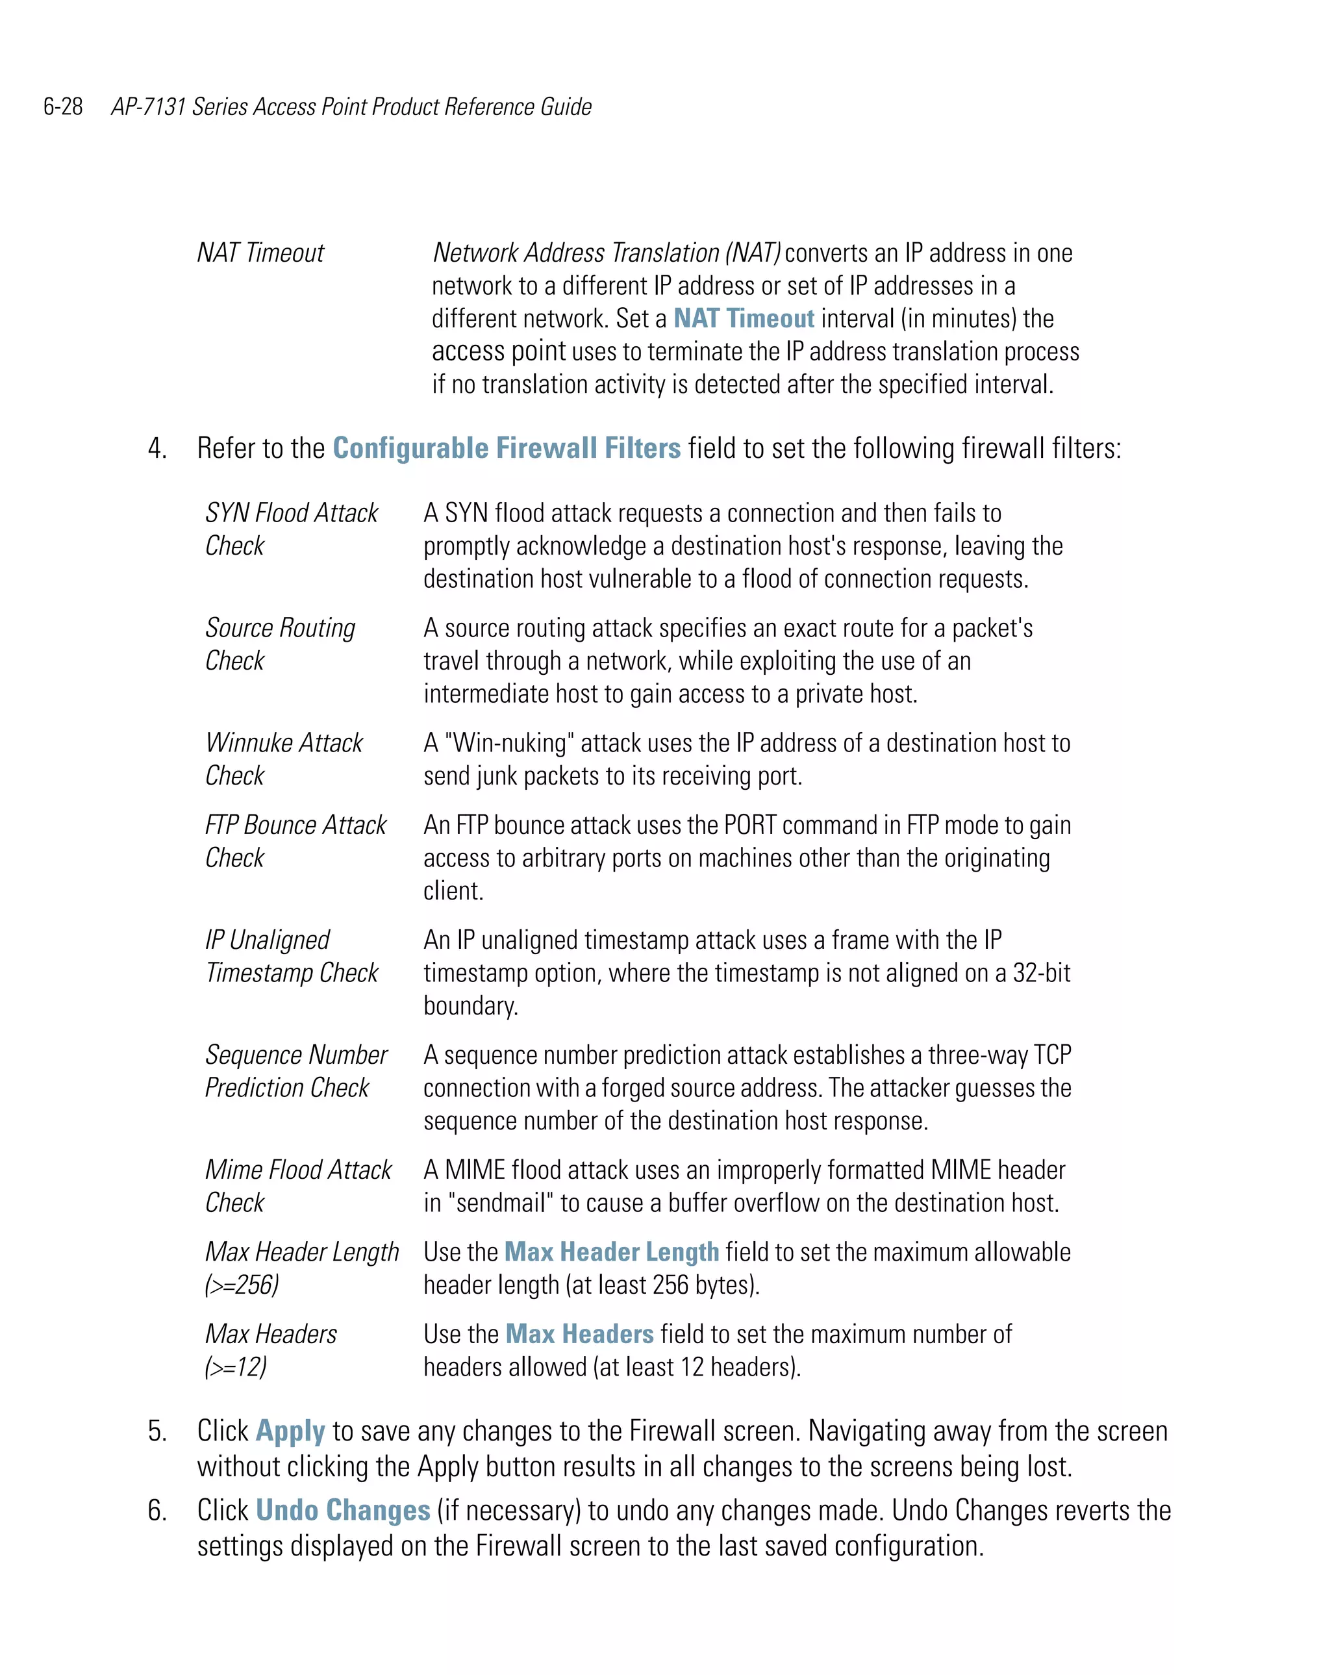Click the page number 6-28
coord(63,107)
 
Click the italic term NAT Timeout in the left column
coord(260,253)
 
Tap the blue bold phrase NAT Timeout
coord(743,318)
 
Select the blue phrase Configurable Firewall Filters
coord(507,448)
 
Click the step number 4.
coord(157,449)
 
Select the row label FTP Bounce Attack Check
coord(295,840)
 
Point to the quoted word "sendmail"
coord(501,1203)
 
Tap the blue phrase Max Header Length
coord(611,1252)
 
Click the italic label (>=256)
coord(242,1285)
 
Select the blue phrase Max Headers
coord(579,1335)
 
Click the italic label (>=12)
coord(235,1367)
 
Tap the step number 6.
coord(157,1511)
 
